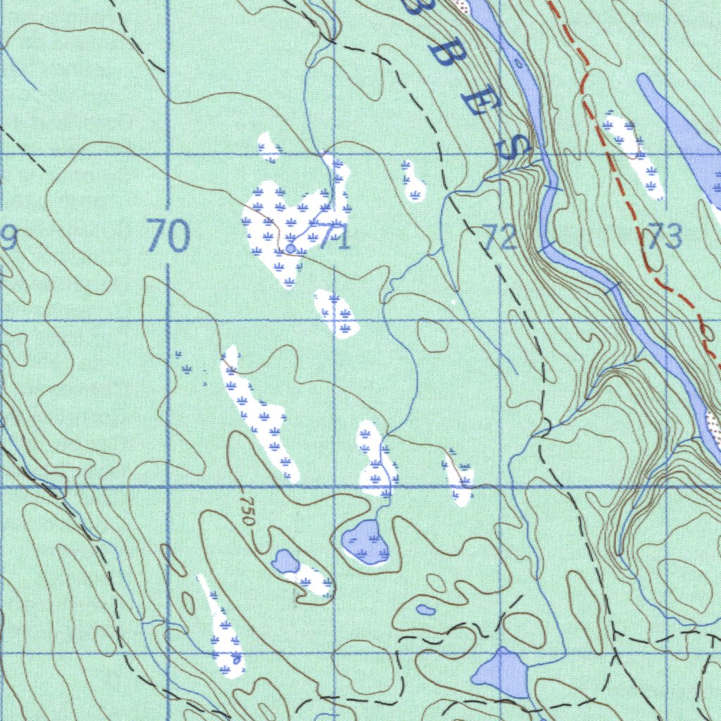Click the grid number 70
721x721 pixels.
(168, 236)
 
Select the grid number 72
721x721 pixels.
(501, 238)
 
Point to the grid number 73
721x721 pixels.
(665, 237)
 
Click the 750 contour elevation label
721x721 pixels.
(246, 511)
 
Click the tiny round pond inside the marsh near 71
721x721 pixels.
(290, 249)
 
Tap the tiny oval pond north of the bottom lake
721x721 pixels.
(425, 610)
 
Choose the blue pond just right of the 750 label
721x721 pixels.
(285, 561)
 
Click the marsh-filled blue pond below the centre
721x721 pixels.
(365, 542)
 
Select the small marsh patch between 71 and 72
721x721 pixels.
(414, 182)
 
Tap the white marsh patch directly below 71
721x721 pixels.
(337, 313)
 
